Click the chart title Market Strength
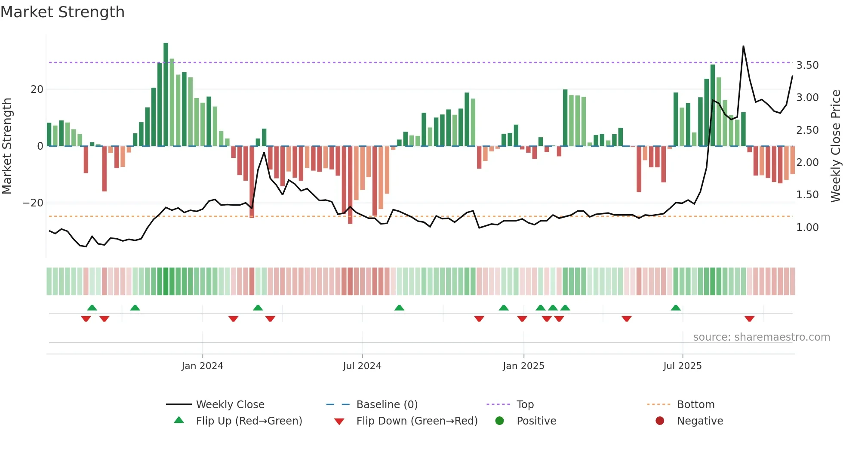(62, 12)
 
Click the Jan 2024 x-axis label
(202, 366)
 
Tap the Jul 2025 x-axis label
(682, 366)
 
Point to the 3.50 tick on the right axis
(807, 65)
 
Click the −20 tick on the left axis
(33, 203)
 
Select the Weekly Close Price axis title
(835, 146)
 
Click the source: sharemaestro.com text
(761, 337)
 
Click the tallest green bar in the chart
(166, 95)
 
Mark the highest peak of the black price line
(743, 46)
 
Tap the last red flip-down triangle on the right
(749, 319)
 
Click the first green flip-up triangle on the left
(92, 308)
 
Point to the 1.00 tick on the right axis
(807, 228)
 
